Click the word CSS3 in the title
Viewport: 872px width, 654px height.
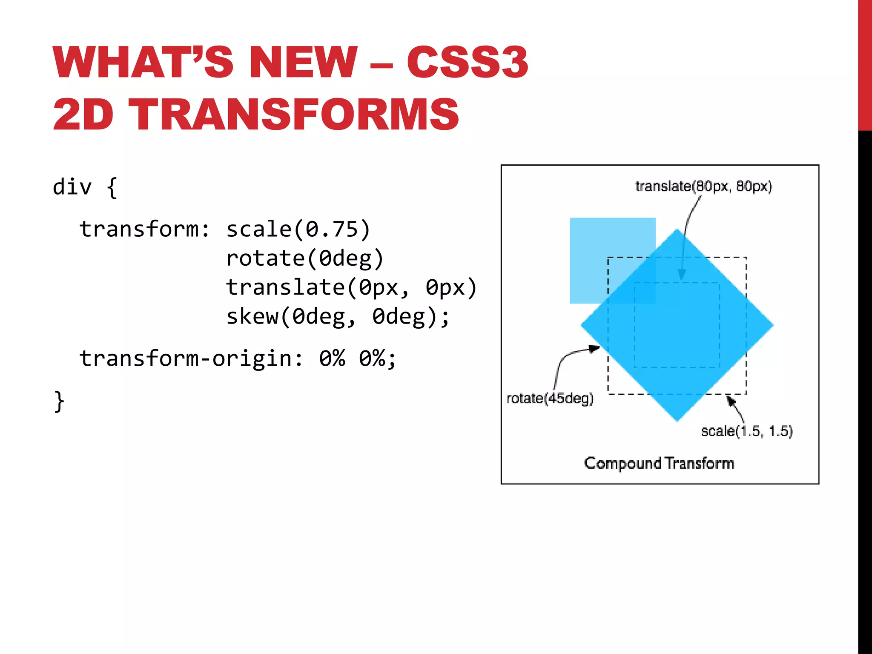(x=467, y=62)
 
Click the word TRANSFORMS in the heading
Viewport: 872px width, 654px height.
(x=293, y=114)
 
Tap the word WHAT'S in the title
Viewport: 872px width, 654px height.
(x=143, y=62)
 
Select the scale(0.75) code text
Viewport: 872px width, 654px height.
(x=298, y=229)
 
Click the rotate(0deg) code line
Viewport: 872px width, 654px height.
(x=304, y=258)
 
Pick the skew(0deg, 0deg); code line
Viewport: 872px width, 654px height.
(x=337, y=316)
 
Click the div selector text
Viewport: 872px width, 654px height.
(x=72, y=187)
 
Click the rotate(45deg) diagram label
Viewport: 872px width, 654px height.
(x=550, y=399)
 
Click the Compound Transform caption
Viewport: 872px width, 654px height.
(x=659, y=463)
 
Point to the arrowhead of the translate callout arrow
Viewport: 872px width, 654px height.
(x=682, y=275)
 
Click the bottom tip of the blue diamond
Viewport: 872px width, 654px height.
(x=677, y=421)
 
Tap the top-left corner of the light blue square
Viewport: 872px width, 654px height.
(x=571, y=219)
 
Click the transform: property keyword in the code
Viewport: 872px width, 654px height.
(x=144, y=229)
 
